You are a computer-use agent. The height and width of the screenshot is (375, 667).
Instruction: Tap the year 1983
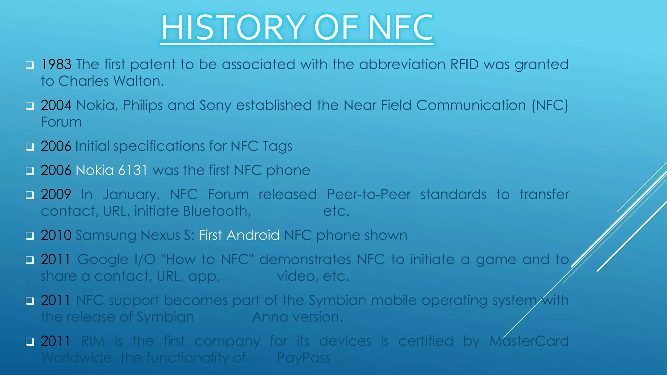[56, 64]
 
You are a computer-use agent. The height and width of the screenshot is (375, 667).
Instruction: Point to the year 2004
[56, 105]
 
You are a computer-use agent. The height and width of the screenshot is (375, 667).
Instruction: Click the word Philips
[143, 105]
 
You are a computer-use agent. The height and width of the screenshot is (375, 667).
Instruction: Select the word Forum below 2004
[61, 122]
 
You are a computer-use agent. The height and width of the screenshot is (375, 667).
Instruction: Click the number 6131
[133, 170]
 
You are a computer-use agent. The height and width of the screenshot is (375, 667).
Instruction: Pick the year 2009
[56, 195]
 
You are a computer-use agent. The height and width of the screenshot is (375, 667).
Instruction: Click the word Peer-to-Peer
[369, 195]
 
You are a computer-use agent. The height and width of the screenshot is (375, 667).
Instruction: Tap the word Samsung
[106, 235]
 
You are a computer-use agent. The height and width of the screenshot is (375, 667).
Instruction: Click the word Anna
[270, 317]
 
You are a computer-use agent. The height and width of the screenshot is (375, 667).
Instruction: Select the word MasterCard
[529, 341]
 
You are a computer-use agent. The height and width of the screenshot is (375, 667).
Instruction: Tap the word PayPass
[304, 358]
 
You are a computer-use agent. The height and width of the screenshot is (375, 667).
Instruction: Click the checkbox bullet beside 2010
[30, 236]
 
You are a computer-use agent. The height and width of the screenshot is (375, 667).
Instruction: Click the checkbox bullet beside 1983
[30, 65]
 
